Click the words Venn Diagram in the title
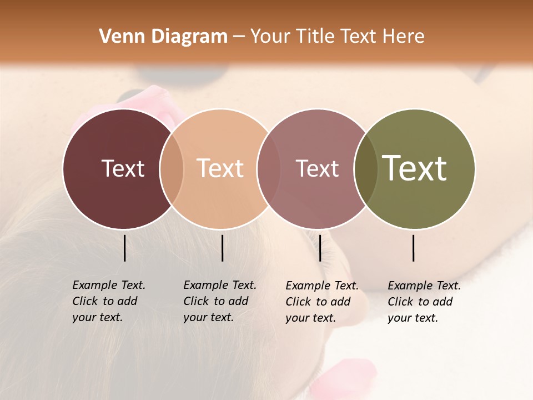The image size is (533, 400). click(x=163, y=37)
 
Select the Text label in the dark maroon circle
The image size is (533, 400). click(x=123, y=168)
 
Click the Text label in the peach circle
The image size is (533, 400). click(x=220, y=168)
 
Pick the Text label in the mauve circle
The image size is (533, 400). click(x=317, y=168)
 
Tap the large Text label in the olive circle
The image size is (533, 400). click(x=415, y=168)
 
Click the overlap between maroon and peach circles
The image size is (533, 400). click(x=172, y=168)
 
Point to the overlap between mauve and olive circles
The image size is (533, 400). click(x=366, y=168)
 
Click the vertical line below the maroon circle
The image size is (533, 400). click(x=124, y=248)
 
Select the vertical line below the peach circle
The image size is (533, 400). click(x=222, y=248)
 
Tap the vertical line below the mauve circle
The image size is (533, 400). click(x=320, y=248)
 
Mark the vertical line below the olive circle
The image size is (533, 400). click(x=413, y=248)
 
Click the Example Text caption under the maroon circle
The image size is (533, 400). click(x=108, y=301)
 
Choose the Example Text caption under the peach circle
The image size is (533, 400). click(x=219, y=301)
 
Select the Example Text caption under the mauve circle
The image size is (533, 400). click(x=321, y=302)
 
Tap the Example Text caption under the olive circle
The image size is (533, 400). click(x=424, y=302)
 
